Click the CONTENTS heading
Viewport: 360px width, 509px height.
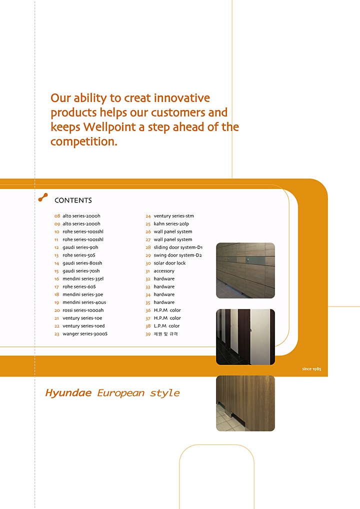[x=73, y=200]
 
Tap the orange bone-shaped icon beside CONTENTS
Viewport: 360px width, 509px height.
[x=43, y=197]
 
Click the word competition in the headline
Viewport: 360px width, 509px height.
[x=84, y=141]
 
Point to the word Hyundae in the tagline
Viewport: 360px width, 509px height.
[x=68, y=393]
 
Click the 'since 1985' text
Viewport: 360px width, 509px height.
[x=311, y=369]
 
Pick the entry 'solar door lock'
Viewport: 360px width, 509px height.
[x=169, y=263]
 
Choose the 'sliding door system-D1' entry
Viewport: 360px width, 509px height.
[x=178, y=247]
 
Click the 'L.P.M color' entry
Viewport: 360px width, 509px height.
[x=166, y=326]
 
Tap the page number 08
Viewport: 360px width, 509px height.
[x=57, y=216]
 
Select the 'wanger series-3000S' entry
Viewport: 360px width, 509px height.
[x=84, y=333]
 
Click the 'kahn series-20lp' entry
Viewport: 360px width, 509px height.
[x=171, y=223]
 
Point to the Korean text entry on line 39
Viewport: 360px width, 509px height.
[x=165, y=333]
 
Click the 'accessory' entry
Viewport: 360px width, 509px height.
[x=164, y=271]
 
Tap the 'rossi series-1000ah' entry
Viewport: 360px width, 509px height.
[x=83, y=310]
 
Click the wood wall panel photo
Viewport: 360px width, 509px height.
[x=245, y=270]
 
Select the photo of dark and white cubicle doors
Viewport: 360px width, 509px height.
[x=245, y=337]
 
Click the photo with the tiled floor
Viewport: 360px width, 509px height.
[x=245, y=403]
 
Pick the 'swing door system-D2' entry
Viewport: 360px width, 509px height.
[x=177, y=255]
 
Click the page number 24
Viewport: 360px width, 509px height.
[x=148, y=216]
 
